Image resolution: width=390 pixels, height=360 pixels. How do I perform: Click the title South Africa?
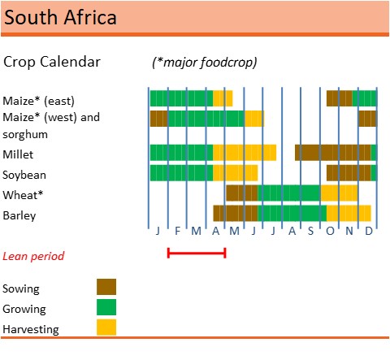coord(59,17)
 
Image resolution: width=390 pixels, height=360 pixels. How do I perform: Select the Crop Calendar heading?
coord(52,62)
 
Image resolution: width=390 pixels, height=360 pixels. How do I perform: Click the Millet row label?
coord(19,154)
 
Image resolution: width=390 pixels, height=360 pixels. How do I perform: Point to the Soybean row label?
coord(24,175)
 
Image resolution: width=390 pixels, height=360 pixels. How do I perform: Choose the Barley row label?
coord(19,215)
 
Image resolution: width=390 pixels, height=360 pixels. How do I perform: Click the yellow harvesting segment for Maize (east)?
coord(223,98)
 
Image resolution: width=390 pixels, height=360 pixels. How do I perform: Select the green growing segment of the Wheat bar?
coord(288,193)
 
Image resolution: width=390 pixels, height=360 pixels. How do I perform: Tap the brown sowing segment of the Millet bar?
coord(332,152)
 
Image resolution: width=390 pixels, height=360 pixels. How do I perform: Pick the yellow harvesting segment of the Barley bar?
coord(349,213)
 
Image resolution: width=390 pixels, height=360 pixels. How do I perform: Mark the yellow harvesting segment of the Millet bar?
coord(244,152)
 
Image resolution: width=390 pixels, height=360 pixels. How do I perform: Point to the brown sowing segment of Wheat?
coord(241,193)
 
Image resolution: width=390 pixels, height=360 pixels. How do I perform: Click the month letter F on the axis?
coord(177,232)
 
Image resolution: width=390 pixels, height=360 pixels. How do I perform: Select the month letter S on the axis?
coord(310,232)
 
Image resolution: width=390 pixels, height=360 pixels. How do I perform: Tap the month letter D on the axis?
coord(368,232)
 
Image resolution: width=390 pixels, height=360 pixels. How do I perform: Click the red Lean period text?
coord(33,255)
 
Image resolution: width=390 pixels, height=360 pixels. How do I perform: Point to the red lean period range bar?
coord(196,254)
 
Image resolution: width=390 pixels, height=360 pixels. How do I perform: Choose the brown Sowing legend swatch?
coord(106,287)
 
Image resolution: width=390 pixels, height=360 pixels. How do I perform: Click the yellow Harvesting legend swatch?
coord(106,327)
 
